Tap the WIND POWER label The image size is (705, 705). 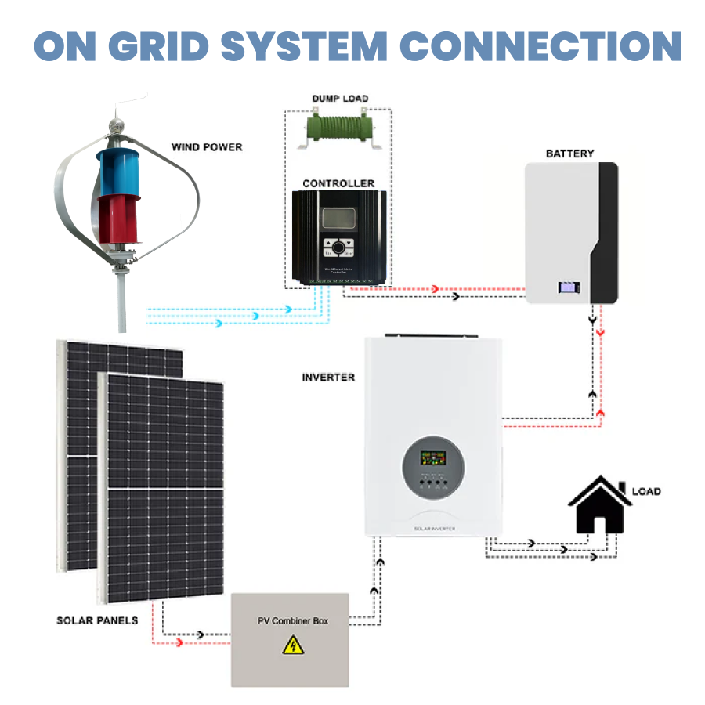pyautogui.click(x=207, y=146)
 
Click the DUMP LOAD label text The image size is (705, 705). pyautogui.click(x=340, y=99)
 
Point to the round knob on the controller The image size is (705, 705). pyautogui.click(x=338, y=248)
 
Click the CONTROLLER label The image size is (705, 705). pyautogui.click(x=338, y=183)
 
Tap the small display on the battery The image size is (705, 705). pyautogui.click(x=567, y=287)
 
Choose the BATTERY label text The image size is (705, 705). pyautogui.click(x=569, y=154)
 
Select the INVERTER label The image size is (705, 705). pyautogui.click(x=328, y=377)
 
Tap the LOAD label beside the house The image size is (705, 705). pyautogui.click(x=646, y=491)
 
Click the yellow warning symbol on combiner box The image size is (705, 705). pyautogui.click(x=293, y=645)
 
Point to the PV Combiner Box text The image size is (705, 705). pyautogui.click(x=293, y=621)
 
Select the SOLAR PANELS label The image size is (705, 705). pyautogui.click(x=97, y=620)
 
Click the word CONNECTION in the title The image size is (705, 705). pyautogui.click(x=536, y=47)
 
